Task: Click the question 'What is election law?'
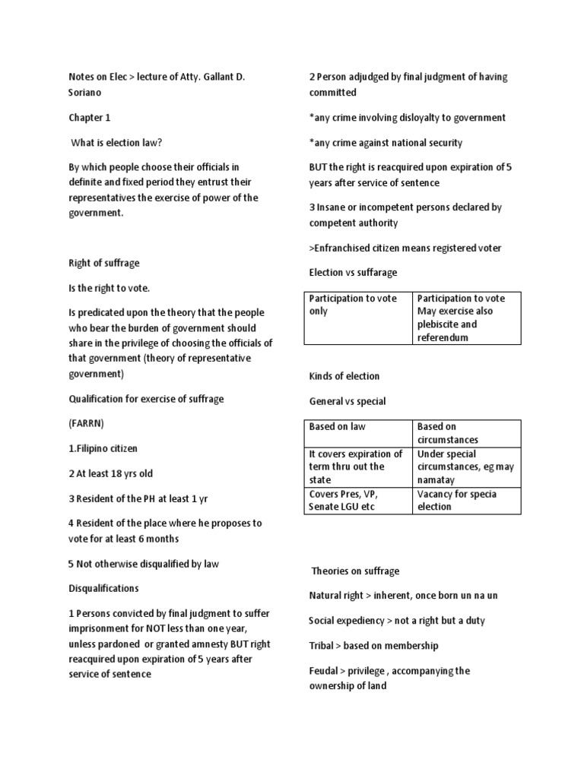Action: coord(116,143)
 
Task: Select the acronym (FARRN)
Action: coord(86,424)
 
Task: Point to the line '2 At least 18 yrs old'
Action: coord(109,474)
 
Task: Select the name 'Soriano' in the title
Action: coord(86,92)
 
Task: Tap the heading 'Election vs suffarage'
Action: coord(353,273)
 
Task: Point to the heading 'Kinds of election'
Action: coord(344,376)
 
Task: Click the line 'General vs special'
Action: coord(347,401)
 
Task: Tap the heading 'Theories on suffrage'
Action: coord(355,571)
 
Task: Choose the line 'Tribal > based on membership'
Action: coord(373,646)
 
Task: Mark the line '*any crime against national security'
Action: coord(386,143)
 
